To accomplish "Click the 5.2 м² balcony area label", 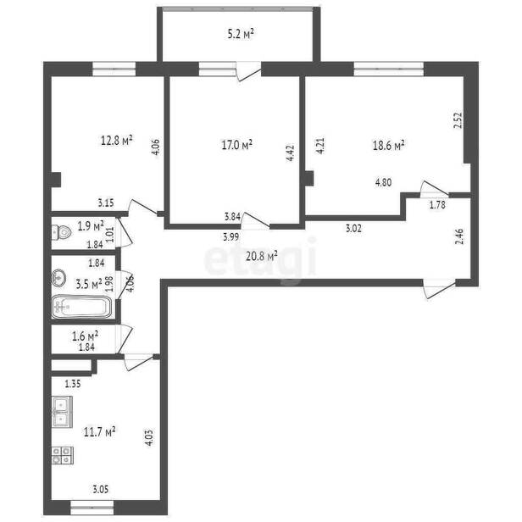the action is pyautogui.click(x=241, y=34).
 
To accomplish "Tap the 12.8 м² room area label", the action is pyautogui.click(x=117, y=140).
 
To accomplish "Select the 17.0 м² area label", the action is pyautogui.click(x=236, y=145).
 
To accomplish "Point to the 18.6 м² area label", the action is pyautogui.click(x=388, y=146).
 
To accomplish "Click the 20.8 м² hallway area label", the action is pyautogui.click(x=262, y=256).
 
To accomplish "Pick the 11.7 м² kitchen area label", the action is pyautogui.click(x=99, y=432).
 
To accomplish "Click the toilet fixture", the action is pyautogui.click(x=62, y=232).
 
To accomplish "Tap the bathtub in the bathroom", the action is pyautogui.click(x=82, y=306).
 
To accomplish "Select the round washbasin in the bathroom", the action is pyautogui.click(x=59, y=277).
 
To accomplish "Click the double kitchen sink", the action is pyautogui.click(x=62, y=412).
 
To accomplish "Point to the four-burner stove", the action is pyautogui.click(x=63, y=455).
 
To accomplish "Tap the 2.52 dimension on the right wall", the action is pyautogui.click(x=458, y=120).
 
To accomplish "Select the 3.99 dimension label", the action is pyautogui.click(x=231, y=237).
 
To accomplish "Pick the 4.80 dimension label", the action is pyautogui.click(x=384, y=182).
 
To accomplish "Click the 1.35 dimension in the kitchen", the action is pyautogui.click(x=73, y=384).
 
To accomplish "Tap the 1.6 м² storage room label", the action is pyautogui.click(x=86, y=336).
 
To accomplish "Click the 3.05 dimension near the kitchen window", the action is pyautogui.click(x=100, y=490).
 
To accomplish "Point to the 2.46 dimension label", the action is pyautogui.click(x=459, y=236).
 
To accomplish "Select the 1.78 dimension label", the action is pyautogui.click(x=437, y=205).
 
